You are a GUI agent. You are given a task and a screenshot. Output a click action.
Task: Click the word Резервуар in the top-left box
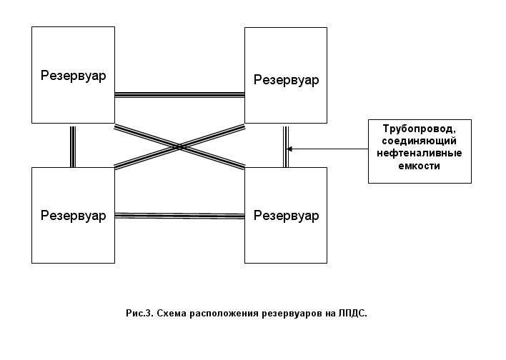click(x=73, y=76)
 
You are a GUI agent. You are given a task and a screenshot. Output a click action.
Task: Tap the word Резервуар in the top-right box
click(x=287, y=80)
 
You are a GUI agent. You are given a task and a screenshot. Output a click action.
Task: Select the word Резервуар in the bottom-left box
click(x=73, y=216)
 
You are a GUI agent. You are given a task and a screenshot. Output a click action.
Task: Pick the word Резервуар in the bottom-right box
click(x=287, y=216)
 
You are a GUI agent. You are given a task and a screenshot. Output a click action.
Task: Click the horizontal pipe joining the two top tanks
click(x=180, y=95)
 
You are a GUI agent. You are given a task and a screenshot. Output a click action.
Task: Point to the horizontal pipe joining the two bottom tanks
click(x=180, y=216)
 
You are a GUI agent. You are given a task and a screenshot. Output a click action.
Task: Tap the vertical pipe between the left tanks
click(x=73, y=146)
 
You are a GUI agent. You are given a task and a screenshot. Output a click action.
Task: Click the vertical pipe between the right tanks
click(x=286, y=146)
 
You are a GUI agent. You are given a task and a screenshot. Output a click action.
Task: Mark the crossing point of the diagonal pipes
click(x=180, y=147)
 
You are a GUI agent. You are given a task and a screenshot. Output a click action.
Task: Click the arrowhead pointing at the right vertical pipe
click(x=289, y=149)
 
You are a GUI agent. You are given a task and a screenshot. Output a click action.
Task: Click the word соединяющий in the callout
click(x=420, y=141)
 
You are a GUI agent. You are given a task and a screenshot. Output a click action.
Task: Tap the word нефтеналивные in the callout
click(x=420, y=153)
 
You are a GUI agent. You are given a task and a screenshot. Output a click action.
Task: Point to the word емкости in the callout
click(x=420, y=166)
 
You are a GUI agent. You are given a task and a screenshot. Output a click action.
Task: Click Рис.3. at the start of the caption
click(x=139, y=314)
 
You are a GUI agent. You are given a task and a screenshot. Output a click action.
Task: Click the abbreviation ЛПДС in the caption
click(x=353, y=314)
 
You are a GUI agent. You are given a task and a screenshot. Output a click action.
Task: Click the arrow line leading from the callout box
click(x=327, y=149)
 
